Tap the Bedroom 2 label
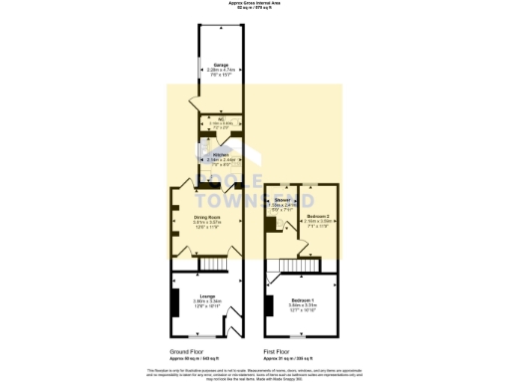[319, 217]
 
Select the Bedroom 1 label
[302, 302]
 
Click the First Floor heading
[276, 352]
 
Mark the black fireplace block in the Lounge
[176, 302]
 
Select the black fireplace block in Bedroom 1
[270, 304]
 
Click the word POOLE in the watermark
[229, 180]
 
